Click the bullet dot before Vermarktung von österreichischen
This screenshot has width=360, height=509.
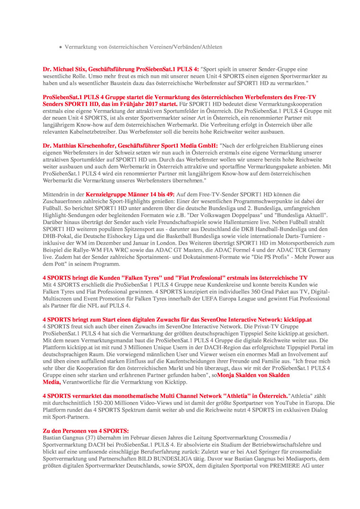(61, 47)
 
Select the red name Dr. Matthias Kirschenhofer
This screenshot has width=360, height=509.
(79, 146)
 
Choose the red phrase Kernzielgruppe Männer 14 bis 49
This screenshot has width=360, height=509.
(130, 194)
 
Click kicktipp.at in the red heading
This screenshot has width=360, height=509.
(298, 320)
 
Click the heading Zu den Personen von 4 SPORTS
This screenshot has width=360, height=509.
(85, 431)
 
